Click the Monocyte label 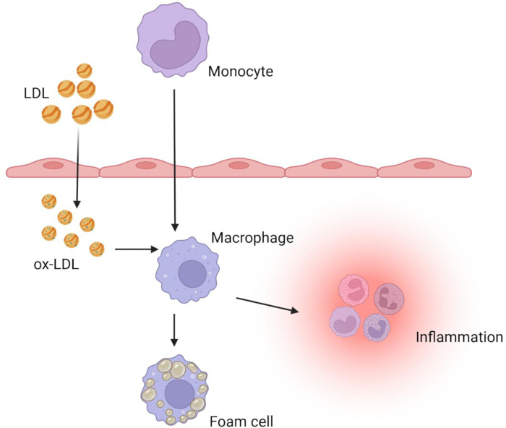tap(241, 72)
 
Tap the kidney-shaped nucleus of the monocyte tap(175, 45)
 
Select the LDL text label tap(36, 93)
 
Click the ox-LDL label tap(56, 265)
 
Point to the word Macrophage tap(252, 238)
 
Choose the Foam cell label tap(241, 421)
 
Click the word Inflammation tap(459, 337)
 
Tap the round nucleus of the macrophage tap(192, 274)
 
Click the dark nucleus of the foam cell tap(179, 394)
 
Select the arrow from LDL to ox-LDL tap(77, 167)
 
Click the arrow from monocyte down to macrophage tap(175, 160)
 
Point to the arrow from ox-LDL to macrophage tap(137, 249)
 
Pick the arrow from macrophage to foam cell tap(174, 330)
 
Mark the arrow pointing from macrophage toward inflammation tap(267, 305)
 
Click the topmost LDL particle tap(85, 71)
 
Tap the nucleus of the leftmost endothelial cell tap(54, 166)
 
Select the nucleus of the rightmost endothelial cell tap(424, 166)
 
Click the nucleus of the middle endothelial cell tap(239, 166)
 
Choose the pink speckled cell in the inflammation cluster tap(353, 290)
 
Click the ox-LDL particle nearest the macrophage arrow tap(97, 249)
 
